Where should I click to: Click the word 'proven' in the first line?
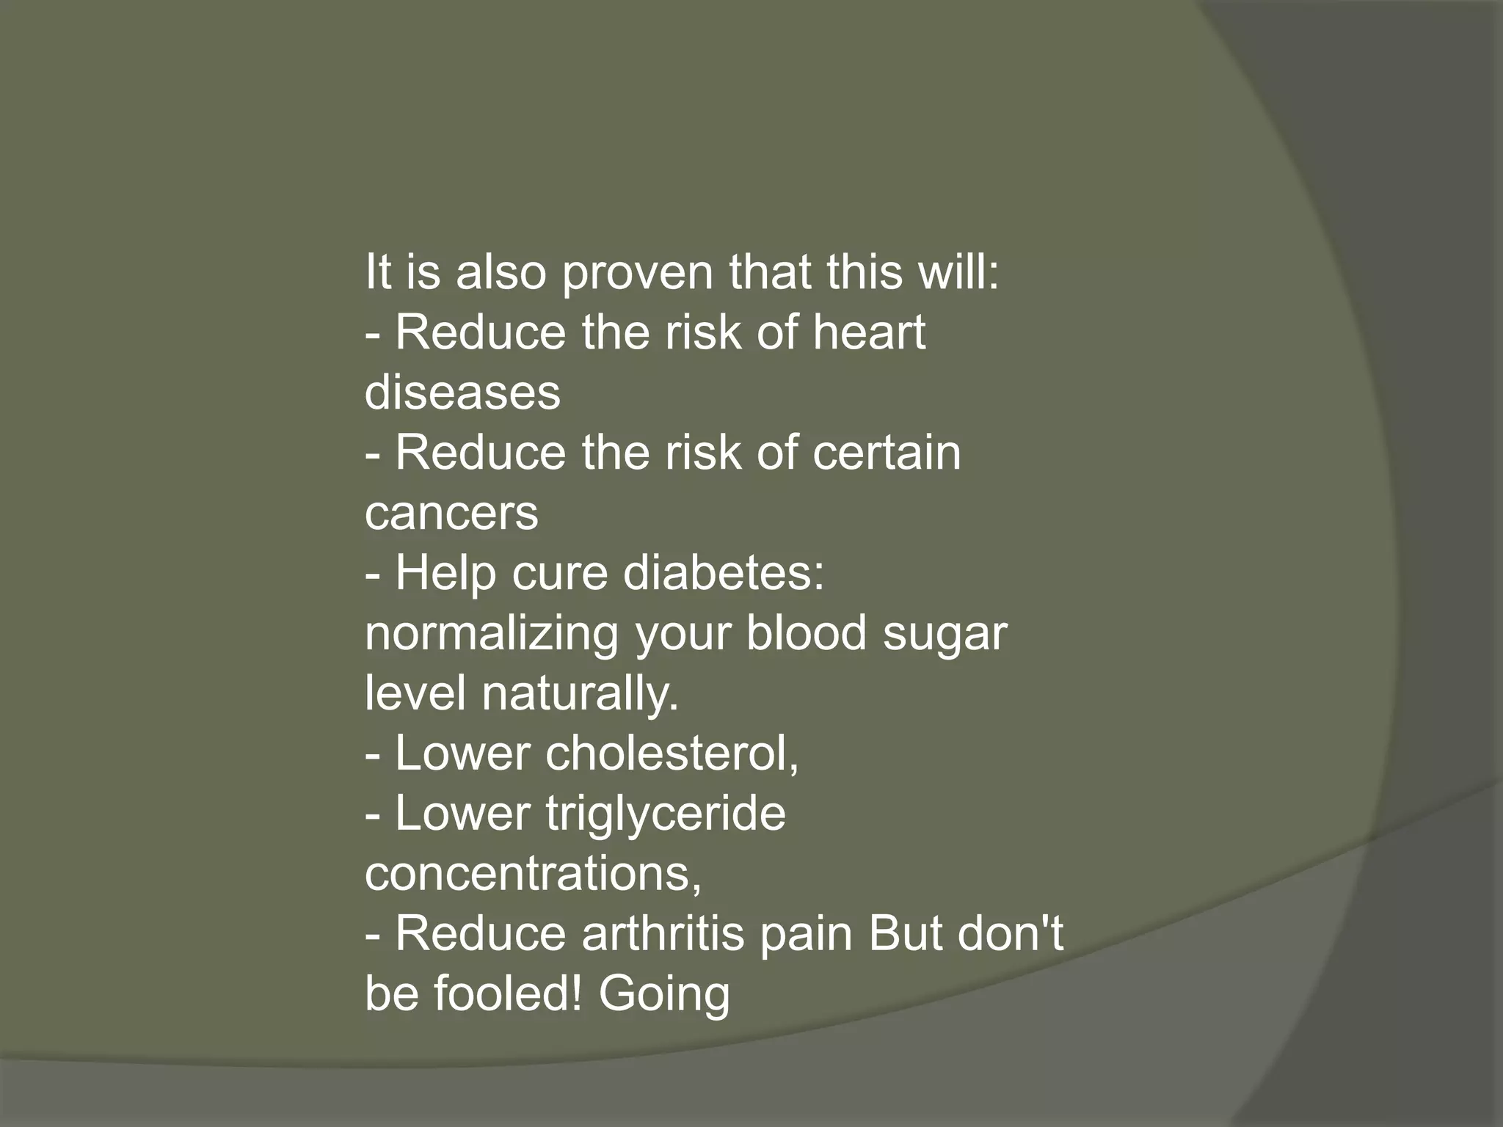tap(638, 273)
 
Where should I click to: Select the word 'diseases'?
tap(462, 393)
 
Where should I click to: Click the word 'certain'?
tap(886, 453)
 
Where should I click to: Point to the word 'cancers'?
tap(451, 513)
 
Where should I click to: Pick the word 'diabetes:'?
tap(724, 573)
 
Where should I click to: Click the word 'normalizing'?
tap(492, 633)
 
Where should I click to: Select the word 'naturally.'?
tap(581, 693)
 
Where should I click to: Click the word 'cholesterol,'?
tap(672, 754)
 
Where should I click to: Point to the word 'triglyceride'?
tap(665, 814)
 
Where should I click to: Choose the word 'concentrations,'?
tap(534, 874)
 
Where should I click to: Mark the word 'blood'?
tap(806, 633)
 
